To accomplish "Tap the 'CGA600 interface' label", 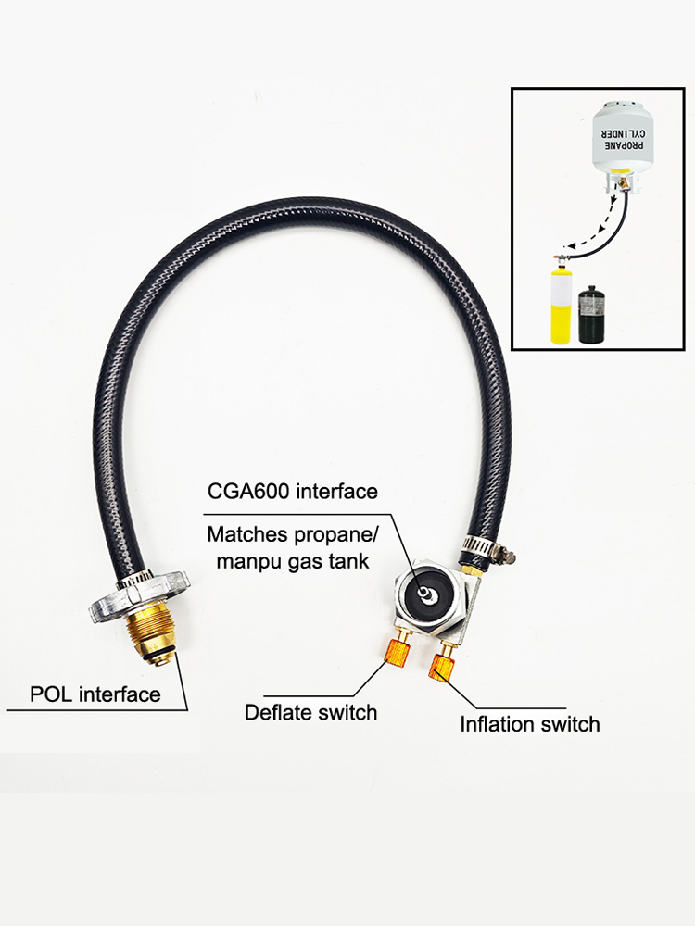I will pyautogui.click(x=293, y=491).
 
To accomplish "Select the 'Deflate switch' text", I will pyautogui.click(x=310, y=712).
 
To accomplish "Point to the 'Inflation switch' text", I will pyautogui.click(x=529, y=723).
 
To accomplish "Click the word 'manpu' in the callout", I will pyautogui.click(x=249, y=560).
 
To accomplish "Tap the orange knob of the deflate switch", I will pyautogui.click(x=398, y=653).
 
